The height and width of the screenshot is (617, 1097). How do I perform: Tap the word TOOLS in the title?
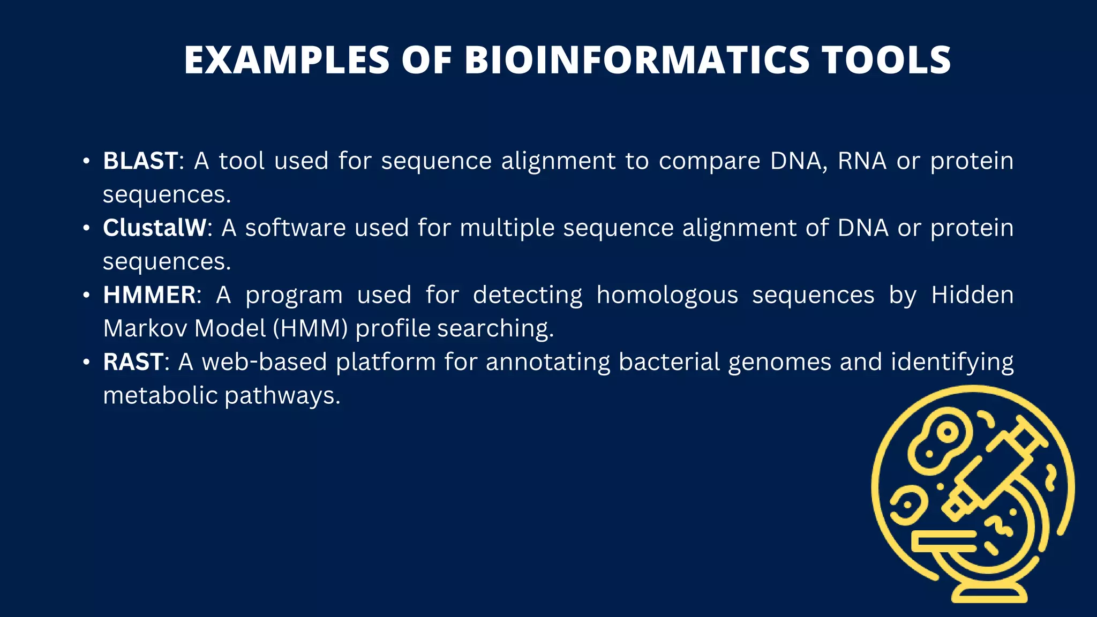coord(886,59)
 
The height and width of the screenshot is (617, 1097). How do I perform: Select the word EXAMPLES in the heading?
coord(287,59)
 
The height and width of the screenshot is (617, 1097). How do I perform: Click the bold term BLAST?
coord(140,161)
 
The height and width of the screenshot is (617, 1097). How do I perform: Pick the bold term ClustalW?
coord(154,228)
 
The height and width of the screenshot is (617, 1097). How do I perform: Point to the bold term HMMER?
coord(149,295)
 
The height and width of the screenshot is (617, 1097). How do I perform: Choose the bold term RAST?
coord(133,362)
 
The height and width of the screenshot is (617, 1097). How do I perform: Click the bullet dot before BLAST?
coord(86,161)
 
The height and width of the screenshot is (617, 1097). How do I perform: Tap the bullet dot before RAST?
coord(86,362)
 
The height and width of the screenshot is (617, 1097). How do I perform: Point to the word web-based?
coord(264,362)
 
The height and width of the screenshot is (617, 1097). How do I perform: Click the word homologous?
coord(667,295)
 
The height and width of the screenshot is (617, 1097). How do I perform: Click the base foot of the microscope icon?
coord(989,593)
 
